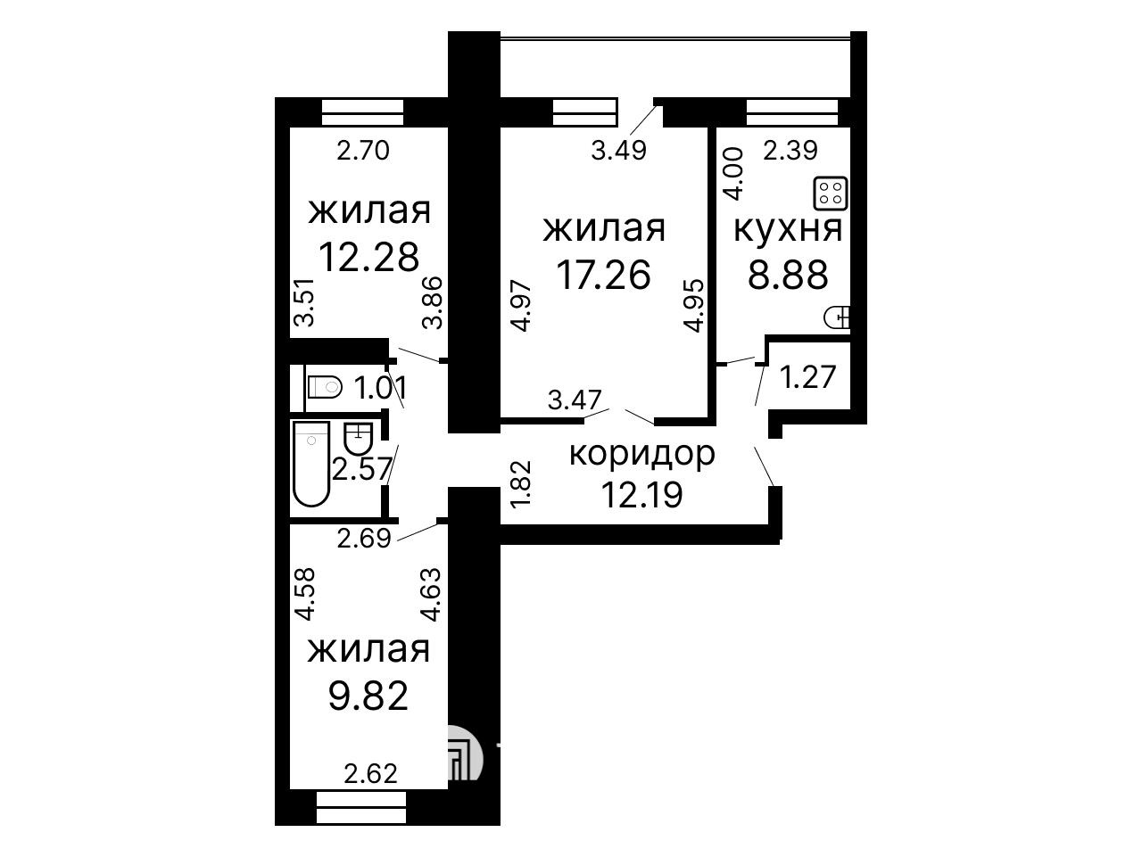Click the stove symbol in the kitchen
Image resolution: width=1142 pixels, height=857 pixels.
pyautogui.click(x=832, y=194)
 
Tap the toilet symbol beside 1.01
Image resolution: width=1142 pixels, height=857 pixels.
pyautogui.click(x=324, y=386)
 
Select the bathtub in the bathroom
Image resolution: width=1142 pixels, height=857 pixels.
pyautogui.click(x=311, y=464)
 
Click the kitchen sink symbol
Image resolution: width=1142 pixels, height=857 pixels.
pyautogui.click(x=837, y=317)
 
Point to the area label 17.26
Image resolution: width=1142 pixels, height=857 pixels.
pyautogui.click(x=603, y=275)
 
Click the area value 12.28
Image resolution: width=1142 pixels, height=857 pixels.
pyautogui.click(x=368, y=257)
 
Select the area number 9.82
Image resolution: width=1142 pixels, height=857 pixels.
pyautogui.click(x=368, y=696)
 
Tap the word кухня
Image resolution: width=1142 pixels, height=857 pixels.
pyautogui.click(x=788, y=230)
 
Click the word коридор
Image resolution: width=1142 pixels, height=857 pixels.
pyautogui.click(x=642, y=455)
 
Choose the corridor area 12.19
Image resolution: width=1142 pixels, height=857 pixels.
pyautogui.click(x=642, y=494)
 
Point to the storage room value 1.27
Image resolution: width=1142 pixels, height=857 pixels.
pyautogui.click(x=807, y=376)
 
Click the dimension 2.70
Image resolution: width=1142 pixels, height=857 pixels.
pyautogui.click(x=363, y=151)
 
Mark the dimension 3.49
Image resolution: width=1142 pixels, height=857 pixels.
pyautogui.click(x=619, y=151)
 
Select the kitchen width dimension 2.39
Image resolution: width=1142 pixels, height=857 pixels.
pyautogui.click(x=790, y=151)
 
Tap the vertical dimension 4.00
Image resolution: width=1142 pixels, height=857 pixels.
pyautogui.click(x=734, y=174)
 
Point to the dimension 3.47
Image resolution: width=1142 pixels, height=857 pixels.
pyautogui.click(x=575, y=400)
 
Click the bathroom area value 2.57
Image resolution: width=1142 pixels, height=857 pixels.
pyautogui.click(x=361, y=470)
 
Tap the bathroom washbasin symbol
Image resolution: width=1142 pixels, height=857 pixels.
pyautogui.click(x=359, y=439)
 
